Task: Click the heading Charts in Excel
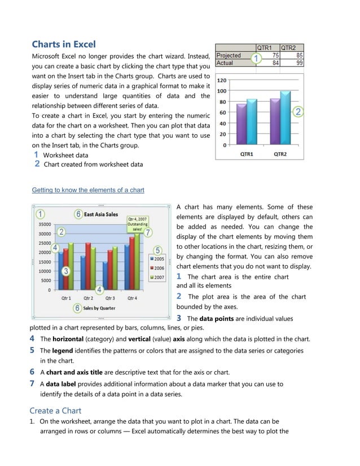[x=63, y=44]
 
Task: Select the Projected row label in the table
[x=229, y=55]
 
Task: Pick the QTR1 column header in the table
[x=265, y=48]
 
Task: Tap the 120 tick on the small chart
[x=222, y=80]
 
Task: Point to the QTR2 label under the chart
[x=280, y=153]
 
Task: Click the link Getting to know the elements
[x=87, y=190]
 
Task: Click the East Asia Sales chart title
[x=101, y=214]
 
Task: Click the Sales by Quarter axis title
[x=99, y=309]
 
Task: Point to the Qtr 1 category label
[x=66, y=298]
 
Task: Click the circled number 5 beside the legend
[x=158, y=250]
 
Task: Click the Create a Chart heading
[x=55, y=411]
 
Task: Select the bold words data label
[x=61, y=384]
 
